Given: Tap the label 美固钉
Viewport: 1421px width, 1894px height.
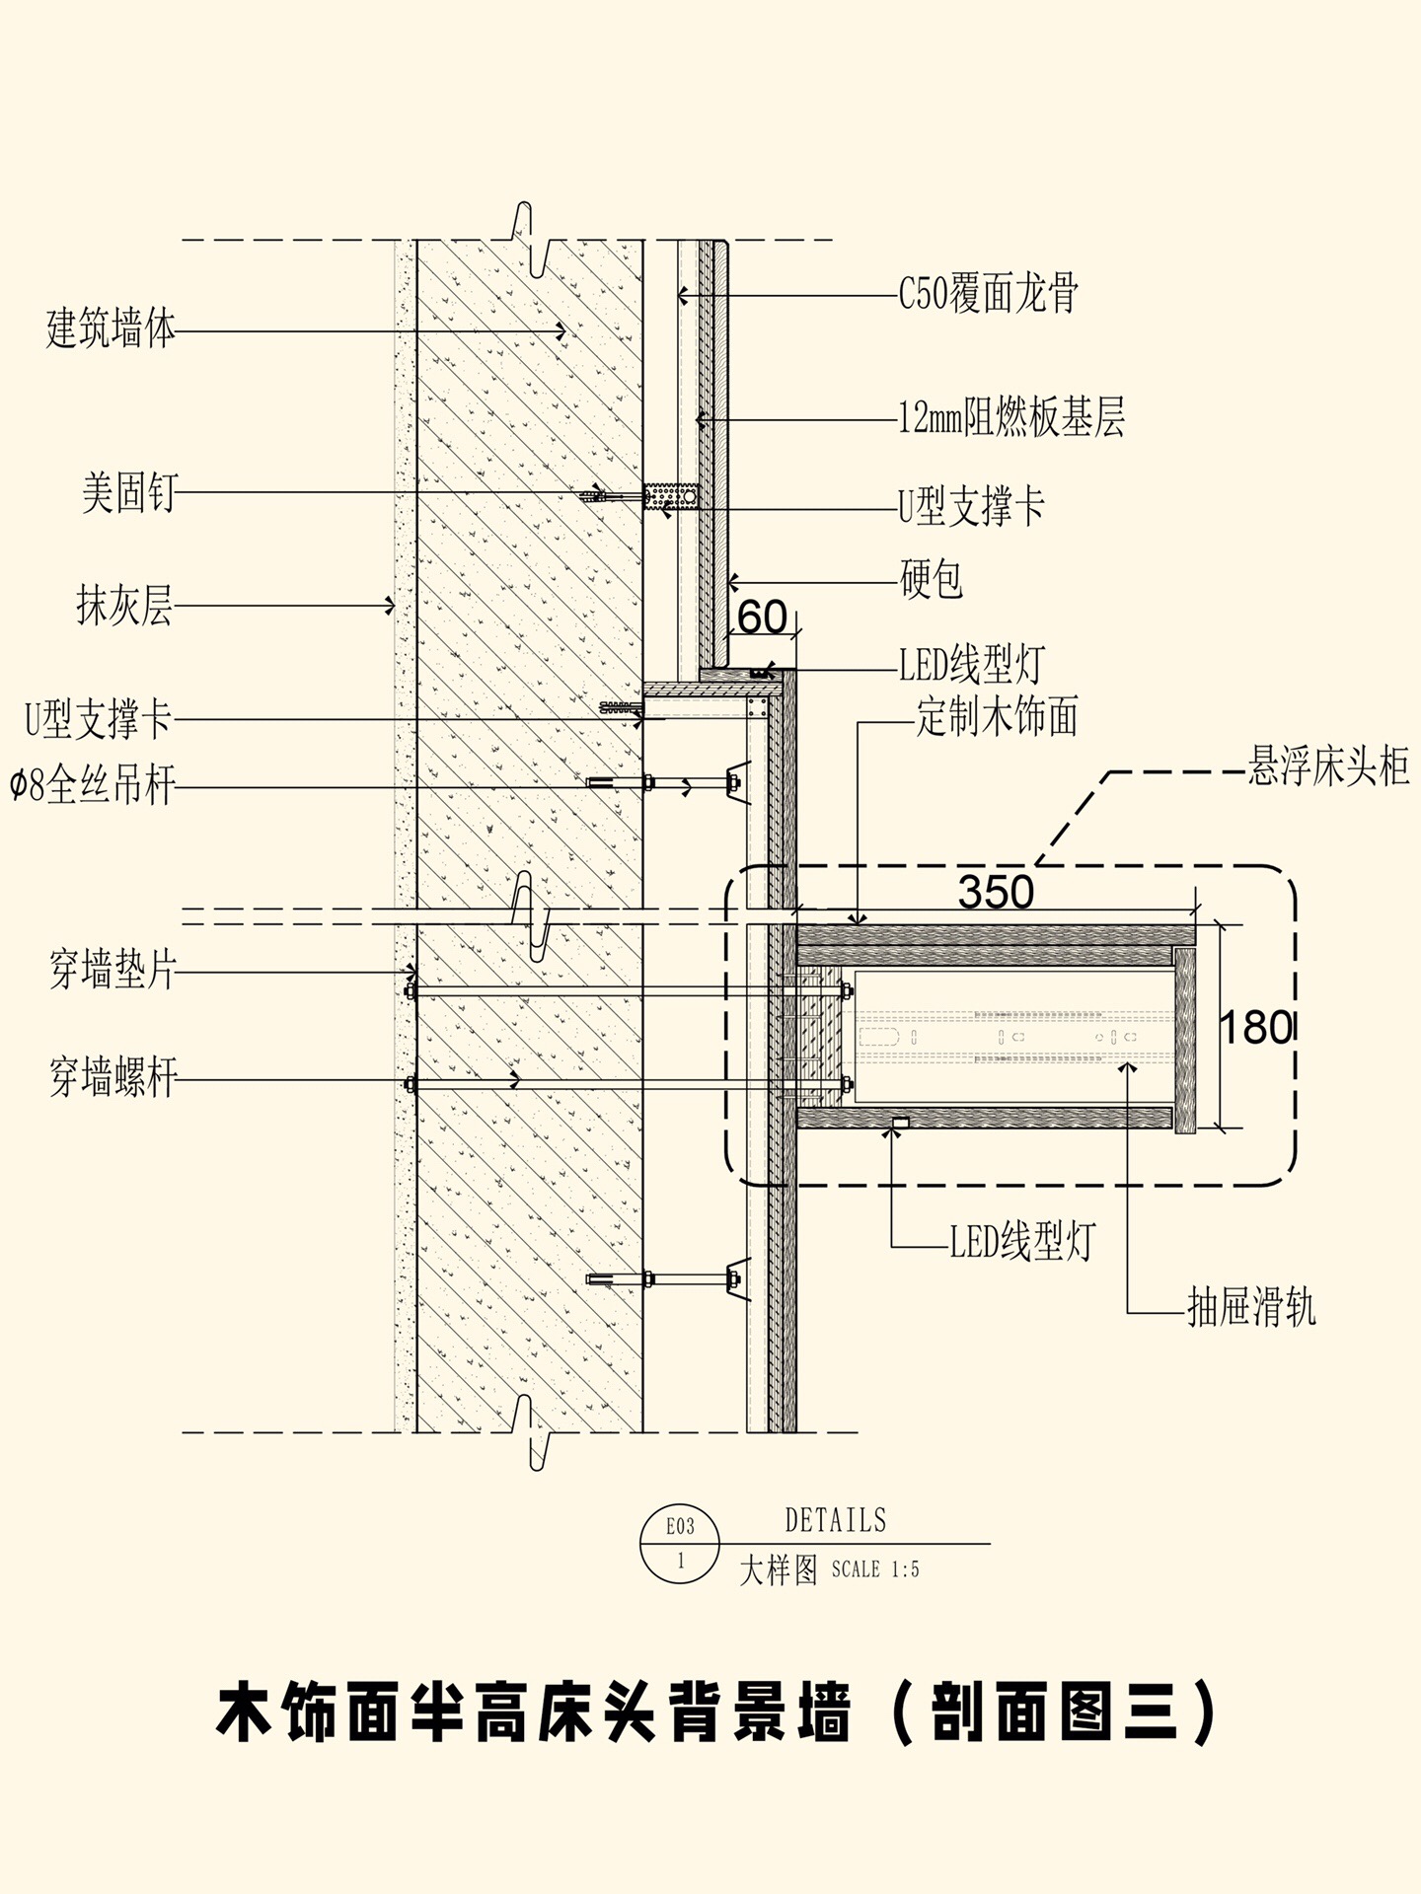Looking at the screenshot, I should click(x=128, y=491).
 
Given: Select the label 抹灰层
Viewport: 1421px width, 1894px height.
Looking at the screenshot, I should click(x=124, y=606).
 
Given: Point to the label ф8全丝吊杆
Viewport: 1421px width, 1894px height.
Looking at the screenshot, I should click(x=93, y=787).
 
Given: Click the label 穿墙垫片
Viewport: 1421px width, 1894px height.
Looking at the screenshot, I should click(x=112, y=971).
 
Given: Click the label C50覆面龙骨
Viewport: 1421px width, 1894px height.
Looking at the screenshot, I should click(x=988, y=294).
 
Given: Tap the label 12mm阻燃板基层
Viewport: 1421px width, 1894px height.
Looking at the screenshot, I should click(x=1011, y=418).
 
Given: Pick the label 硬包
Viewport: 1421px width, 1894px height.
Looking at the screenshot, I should click(x=931, y=579).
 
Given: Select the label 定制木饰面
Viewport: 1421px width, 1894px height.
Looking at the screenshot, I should click(x=997, y=717).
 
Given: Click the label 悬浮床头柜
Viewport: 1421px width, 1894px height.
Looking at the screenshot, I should click(x=1328, y=766).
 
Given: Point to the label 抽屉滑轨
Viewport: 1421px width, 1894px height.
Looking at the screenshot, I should click(x=1251, y=1309).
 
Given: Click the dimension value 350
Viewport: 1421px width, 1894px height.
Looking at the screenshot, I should click(x=996, y=893).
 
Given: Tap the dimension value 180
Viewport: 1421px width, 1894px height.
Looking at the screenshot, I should click(x=1255, y=1028).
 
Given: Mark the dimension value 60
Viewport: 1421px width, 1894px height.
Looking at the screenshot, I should click(x=762, y=619).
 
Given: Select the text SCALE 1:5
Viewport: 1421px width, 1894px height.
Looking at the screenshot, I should click(x=875, y=1569).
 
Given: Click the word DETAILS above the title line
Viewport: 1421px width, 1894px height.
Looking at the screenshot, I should click(x=836, y=1520).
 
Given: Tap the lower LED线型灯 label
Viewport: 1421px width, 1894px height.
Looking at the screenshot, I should click(x=1022, y=1241).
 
